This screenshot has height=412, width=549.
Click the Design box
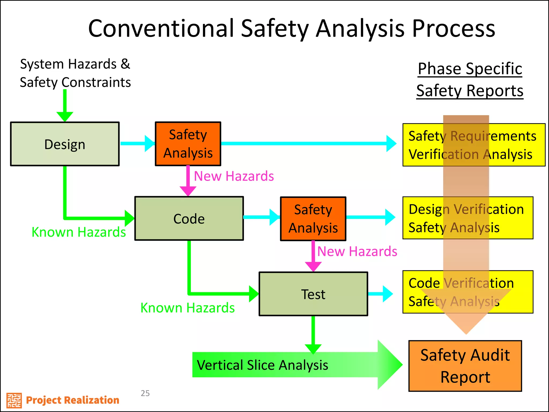click(65, 144)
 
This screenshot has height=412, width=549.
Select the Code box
click(189, 218)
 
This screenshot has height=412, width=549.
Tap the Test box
click(313, 294)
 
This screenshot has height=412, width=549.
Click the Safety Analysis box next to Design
click(188, 144)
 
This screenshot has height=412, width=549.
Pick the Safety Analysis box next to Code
click(313, 219)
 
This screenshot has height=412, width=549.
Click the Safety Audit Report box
click(465, 366)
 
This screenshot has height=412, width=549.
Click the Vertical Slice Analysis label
click(262, 365)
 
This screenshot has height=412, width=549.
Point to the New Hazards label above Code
click(234, 176)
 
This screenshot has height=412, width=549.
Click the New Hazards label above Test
click(357, 251)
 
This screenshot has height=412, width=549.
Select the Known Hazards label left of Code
click(79, 232)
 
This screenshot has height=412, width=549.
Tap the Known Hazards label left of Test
click(187, 308)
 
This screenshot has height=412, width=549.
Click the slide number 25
click(145, 393)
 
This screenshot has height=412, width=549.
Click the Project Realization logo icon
click(14, 400)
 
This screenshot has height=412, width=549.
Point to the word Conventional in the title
click(161, 28)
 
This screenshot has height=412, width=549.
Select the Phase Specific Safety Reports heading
click(470, 79)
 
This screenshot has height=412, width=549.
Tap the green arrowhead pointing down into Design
click(65, 116)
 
